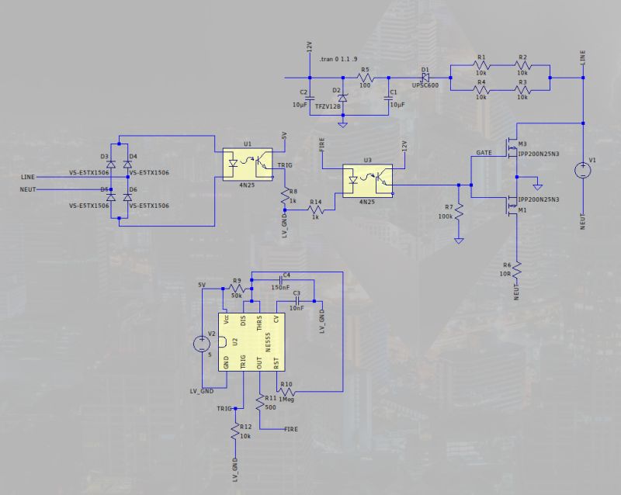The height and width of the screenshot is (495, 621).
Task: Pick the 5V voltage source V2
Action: pos(203,342)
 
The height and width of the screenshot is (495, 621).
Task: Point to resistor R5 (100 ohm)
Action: pos(365,78)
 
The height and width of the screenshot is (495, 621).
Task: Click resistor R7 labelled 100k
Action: pos(459,210)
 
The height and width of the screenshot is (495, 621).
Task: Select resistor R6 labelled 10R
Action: pos(515,271)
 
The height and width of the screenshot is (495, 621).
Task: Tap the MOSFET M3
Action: pos(512,145)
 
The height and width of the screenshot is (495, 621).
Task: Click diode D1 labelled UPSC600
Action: pos(425,78)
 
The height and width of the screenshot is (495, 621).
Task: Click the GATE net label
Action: pos(484,153)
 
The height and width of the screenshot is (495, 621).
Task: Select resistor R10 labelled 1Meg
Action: pos(286,392)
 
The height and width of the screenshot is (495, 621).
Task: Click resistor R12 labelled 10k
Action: pos(234,434)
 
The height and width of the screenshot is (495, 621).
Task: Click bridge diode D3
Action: pos(111,164)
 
